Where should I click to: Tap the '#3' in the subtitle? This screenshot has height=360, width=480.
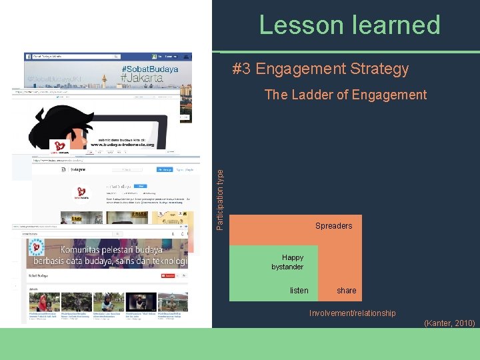[x=241, y=69]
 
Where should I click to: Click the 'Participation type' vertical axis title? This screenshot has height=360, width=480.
[x=221, y=199]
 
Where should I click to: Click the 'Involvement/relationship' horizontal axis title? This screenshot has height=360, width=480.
[x=352, y=313]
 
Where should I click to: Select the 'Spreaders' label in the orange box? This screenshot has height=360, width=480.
[x=333, y=226]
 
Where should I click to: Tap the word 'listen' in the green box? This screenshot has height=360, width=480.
[x=299, y=290]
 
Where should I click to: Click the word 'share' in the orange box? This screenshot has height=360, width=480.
[x=346, y=290]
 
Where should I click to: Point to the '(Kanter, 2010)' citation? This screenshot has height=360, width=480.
[x=449, y=323]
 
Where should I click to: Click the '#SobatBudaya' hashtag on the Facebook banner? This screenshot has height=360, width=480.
[x=150, y=69]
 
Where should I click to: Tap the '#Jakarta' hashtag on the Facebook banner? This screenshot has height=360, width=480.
[x=142, y=78]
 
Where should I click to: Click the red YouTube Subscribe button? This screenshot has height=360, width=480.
[x=169, y=275]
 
